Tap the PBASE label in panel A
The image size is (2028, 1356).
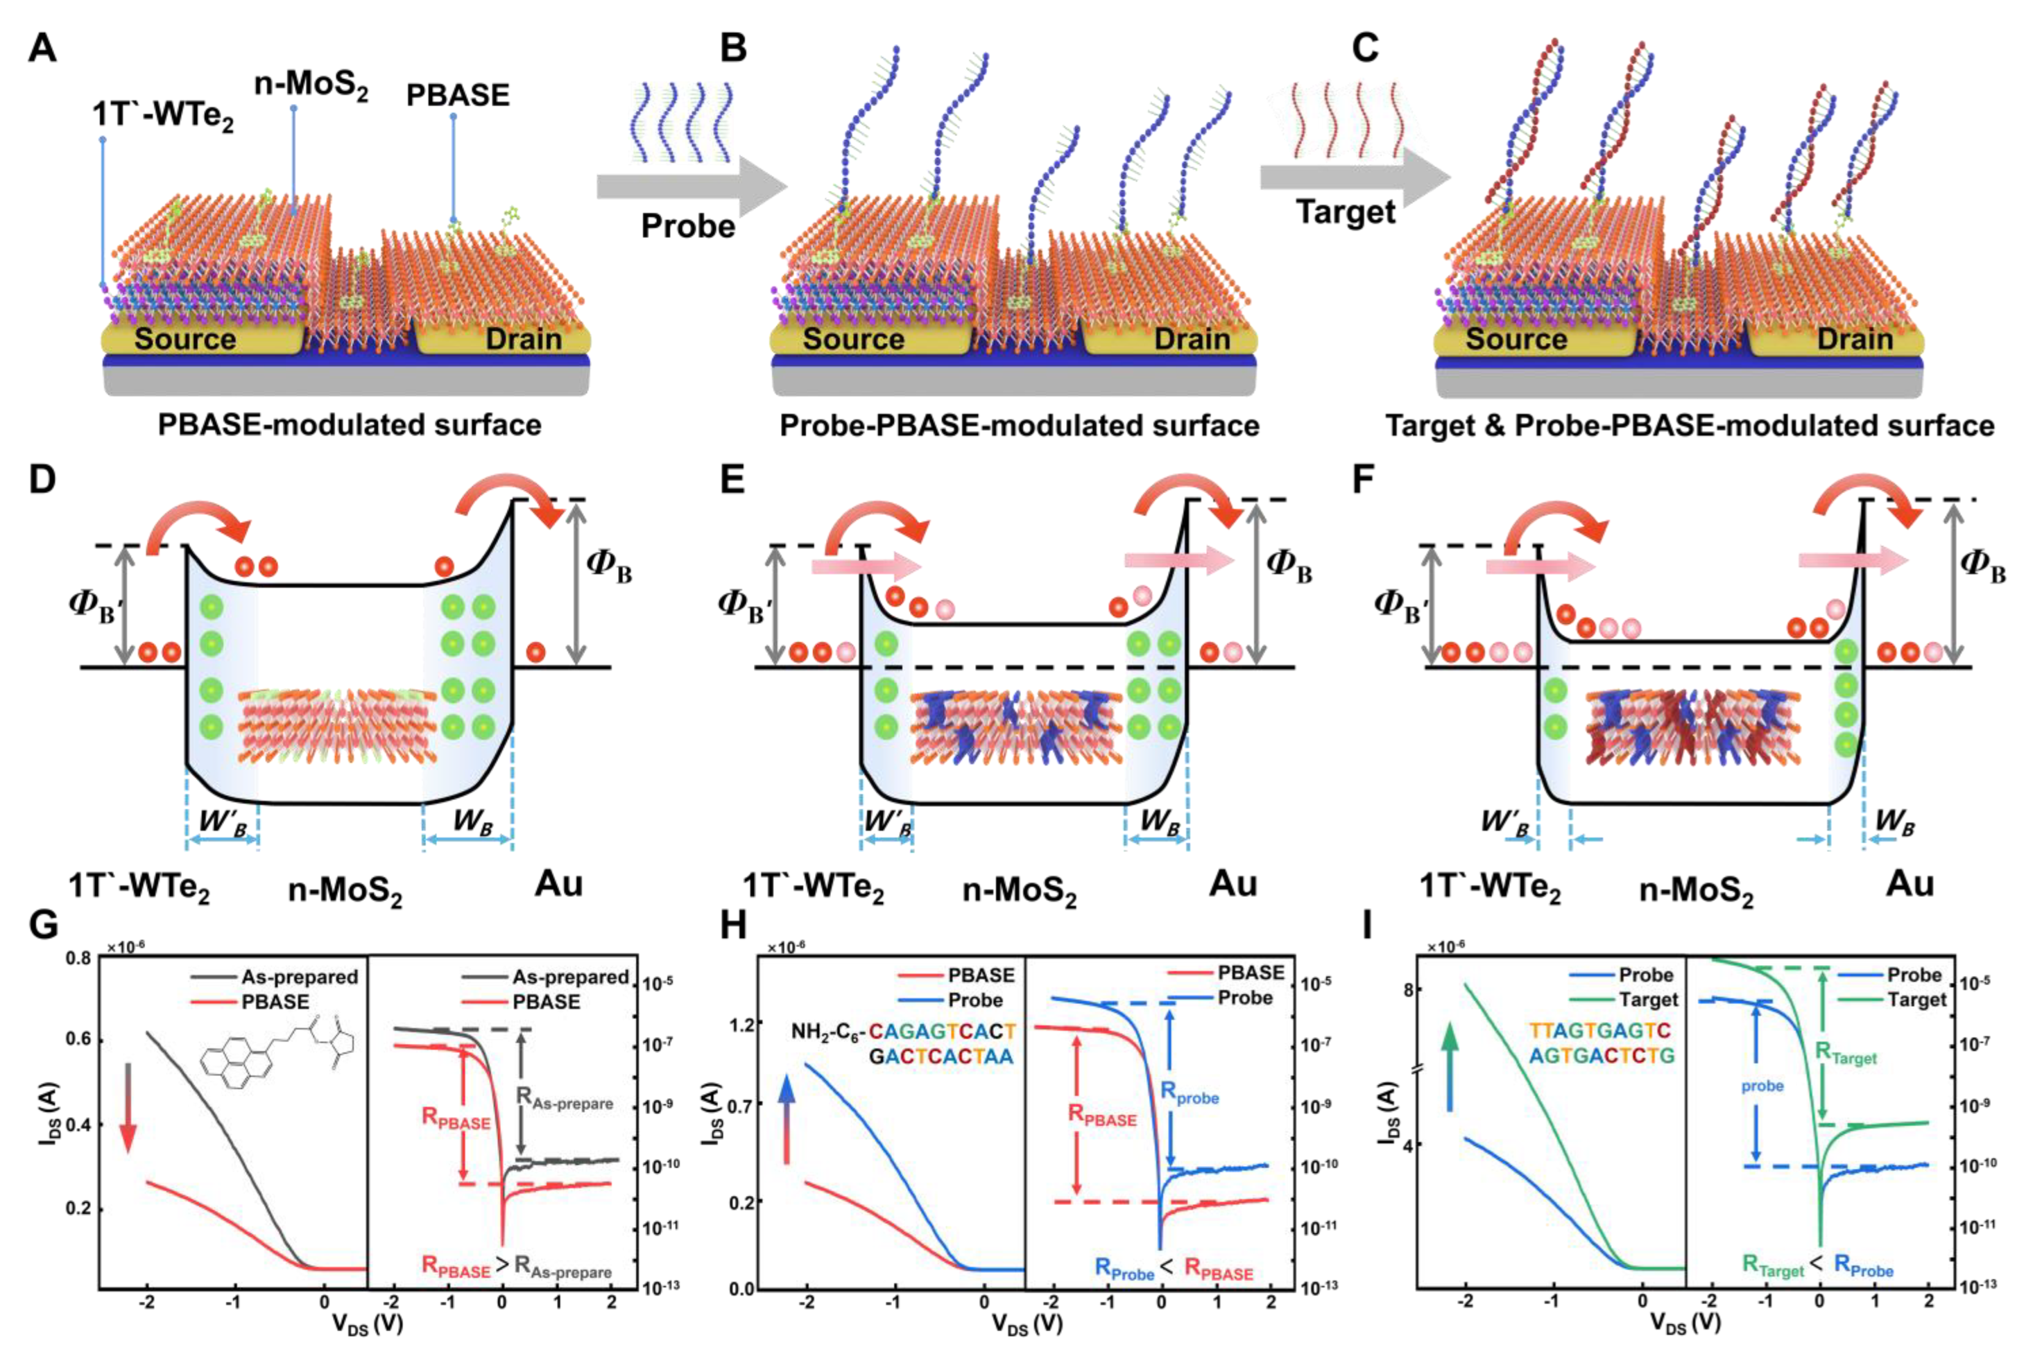(458, 95)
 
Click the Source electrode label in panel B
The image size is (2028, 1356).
(853, 339)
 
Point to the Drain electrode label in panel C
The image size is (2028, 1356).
(1855, 339)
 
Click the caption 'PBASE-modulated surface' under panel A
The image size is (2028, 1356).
(349, 425)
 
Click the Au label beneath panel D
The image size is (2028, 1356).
(559, 884)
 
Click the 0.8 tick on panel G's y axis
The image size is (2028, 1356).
(78, 958)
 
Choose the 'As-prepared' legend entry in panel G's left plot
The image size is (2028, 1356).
(299, 977)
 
